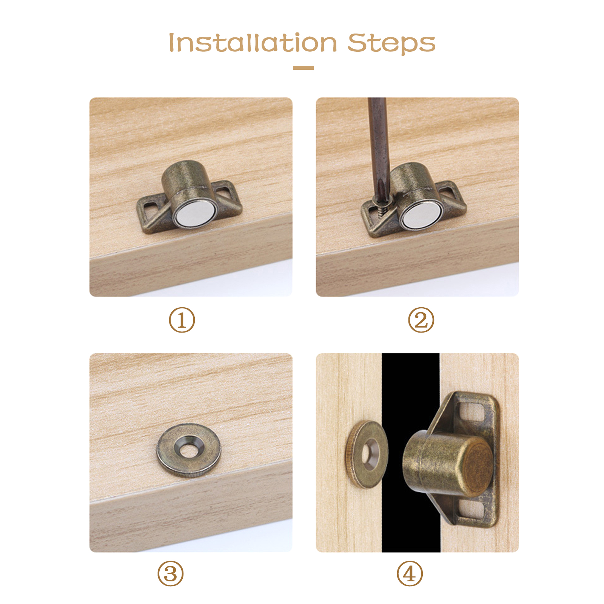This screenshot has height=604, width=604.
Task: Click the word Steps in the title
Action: click(x=391, y=43)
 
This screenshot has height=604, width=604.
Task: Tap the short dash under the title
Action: click(x=303, y=68)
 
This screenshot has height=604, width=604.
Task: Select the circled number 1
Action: click(x=182, y=320)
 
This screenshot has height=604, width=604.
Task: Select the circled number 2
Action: click(x=421, y=320)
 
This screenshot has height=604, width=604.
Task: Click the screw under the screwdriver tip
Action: click(x=380, y=208)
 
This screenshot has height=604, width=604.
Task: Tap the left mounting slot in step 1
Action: click(x=151, y=207)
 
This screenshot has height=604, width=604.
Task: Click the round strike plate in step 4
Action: click(x=367, y=455)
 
